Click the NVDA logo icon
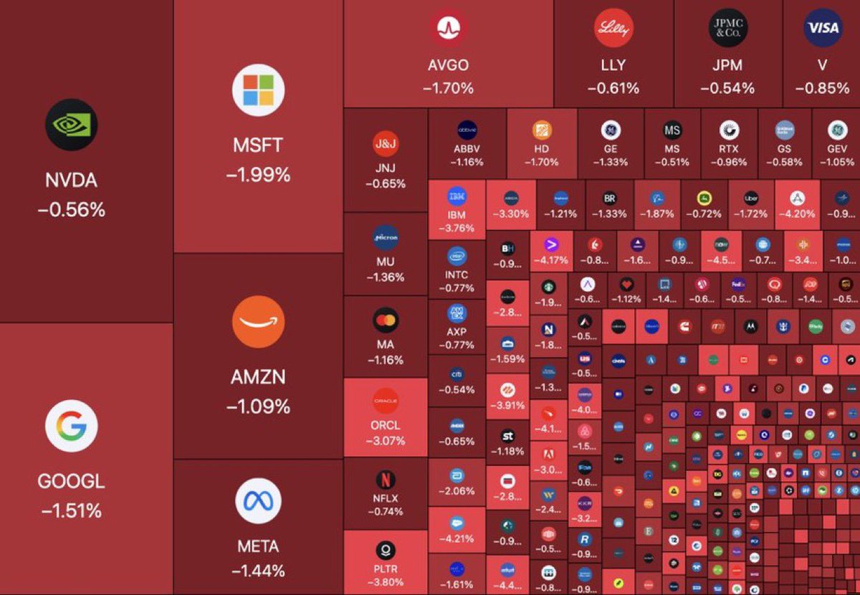pos(70,124)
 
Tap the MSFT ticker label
pos(258,146)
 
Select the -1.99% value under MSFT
pos(258,175)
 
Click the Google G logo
pos(71,427)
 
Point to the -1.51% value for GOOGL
pos(71,511)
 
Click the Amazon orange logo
pos(258,322)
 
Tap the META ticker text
pos(258,546)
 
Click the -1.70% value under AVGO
pos(449,88)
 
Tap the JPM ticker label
pos(727,65)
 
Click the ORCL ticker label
pos(386,425)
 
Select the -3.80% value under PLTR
pos(386,582)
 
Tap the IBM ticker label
pos(457,215)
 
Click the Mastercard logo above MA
pos(386,320)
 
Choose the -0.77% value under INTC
pos(457,288)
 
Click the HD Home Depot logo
pos(542,130)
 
